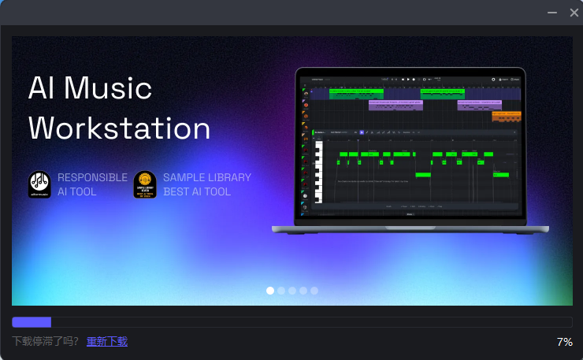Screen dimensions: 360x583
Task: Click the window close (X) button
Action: pyautogui.click(x=574, y=13)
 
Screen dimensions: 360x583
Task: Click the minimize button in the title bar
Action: pyautogui.click(x=552, y=13)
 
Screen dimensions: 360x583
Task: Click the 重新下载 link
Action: pyautogui.click(x=106, y=341)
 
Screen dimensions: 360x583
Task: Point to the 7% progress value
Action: pyautogui.click(x=564, y=342)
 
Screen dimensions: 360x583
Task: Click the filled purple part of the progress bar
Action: pyautogui.click(x=32, y=321)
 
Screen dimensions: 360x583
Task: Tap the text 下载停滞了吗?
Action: pyautogui.click(x=46, y=341)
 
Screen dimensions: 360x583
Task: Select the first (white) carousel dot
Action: pyautogui.click(x=270, y=291)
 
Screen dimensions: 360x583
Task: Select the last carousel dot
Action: pyautogui.click(x=314, y=291)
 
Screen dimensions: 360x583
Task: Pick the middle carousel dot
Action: pyautogui.click(x=292, y=291)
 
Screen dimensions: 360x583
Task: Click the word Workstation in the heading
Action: pyautogui.click(x=120, y=128)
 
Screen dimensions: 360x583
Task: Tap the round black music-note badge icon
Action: pyautogui.click(x=39, y=184)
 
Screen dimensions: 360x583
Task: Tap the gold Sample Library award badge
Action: pyautogui.click(x=145, y=184)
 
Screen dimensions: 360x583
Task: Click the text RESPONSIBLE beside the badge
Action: pyautogui.click(x=92, y=177)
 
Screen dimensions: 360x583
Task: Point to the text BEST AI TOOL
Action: pyautogui.click(x=197, y=191)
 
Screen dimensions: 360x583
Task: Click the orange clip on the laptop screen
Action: pyautogui.click(x=506, y=116)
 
